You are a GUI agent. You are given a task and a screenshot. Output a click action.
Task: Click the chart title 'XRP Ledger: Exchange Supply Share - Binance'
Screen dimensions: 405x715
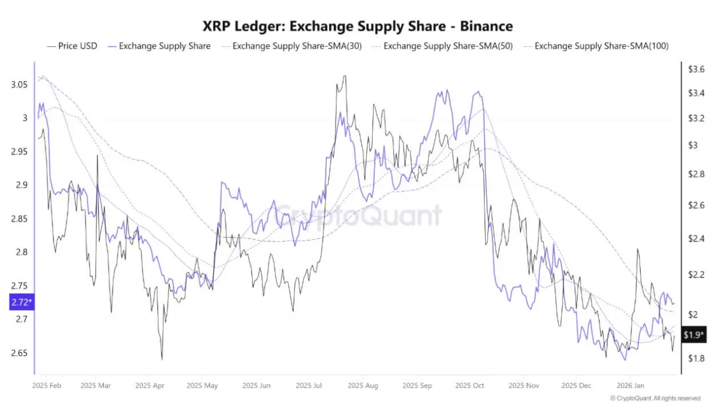click(358, 26)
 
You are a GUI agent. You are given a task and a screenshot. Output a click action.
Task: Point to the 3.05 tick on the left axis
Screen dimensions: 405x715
click(18, 85)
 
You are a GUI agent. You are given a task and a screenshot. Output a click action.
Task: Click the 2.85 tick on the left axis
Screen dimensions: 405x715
click(18, 219)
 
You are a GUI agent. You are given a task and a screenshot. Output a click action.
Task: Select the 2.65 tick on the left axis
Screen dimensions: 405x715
click(18, 353)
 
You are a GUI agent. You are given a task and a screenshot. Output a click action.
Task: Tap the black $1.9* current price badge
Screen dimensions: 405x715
click(693, 335)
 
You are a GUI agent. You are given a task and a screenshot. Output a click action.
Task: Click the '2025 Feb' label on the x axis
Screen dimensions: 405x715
click(47, 386)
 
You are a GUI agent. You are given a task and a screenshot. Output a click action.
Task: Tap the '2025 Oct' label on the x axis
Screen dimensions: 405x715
click(470, 386)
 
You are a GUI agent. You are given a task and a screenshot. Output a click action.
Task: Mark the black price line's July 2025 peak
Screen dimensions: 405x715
click(344, 76)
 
